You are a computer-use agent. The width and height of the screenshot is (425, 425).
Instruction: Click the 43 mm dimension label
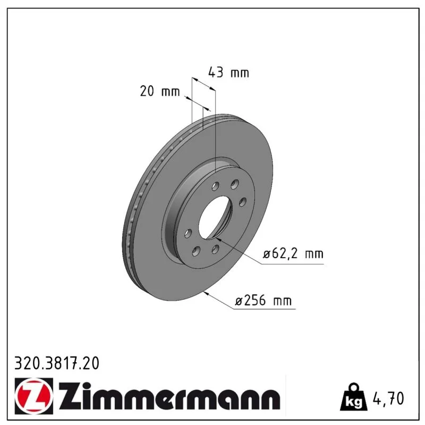tap(228, 73)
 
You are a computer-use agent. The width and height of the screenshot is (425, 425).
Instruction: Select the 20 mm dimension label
tap(160, 91)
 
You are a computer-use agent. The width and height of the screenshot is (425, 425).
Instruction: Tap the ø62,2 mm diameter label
tap(293, 254)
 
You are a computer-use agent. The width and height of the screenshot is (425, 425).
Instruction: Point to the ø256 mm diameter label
tap(263, 301)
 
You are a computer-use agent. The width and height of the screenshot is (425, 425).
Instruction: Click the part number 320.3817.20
tap(57, 363)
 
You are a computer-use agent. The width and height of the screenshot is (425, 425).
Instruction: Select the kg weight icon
tap(354, 396)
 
